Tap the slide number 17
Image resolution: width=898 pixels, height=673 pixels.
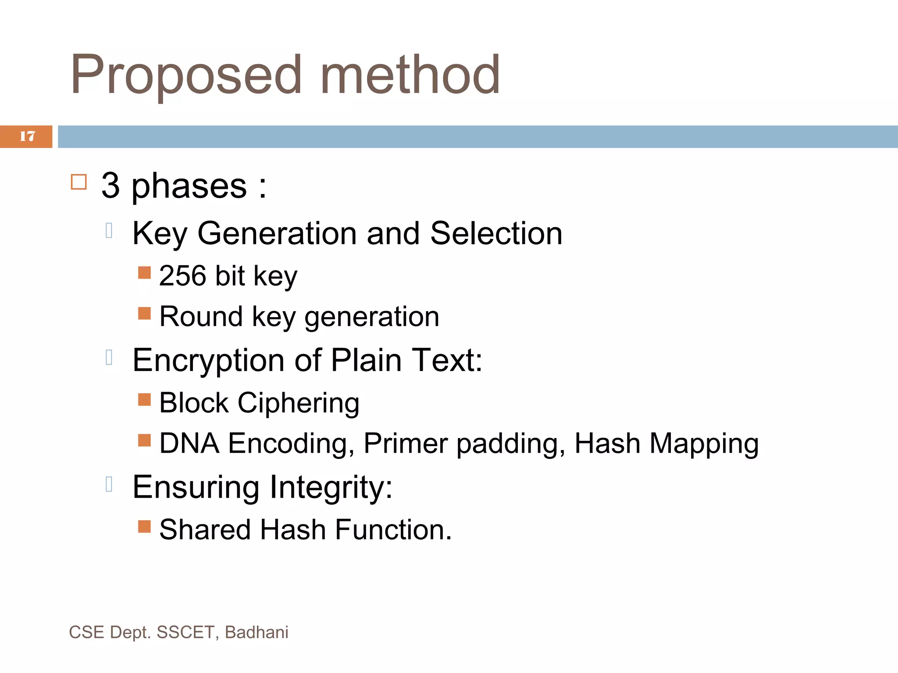(x=27, y=136)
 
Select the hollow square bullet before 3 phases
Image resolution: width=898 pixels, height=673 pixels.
(x=79, y=182)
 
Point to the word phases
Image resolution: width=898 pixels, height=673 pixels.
(x=189, y=187)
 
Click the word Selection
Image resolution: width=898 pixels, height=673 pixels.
(x=496, y=233)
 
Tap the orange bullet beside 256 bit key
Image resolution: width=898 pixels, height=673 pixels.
(x=144, y=273)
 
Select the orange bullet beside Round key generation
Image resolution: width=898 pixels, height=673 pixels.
(x=144, y=313)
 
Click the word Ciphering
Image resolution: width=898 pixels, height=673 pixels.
(x=298, y=403)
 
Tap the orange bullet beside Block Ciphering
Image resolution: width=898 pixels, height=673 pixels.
(x=144, y=400)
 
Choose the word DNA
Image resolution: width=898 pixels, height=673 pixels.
(x=189, y=443)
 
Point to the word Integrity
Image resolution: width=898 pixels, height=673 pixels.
(x=331, y=487)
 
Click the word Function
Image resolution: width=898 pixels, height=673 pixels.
(x=393, y=529)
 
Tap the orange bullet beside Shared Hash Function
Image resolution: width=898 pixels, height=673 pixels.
(x=144, y=526)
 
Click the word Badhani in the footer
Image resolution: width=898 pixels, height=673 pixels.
(x=257, y=632)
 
